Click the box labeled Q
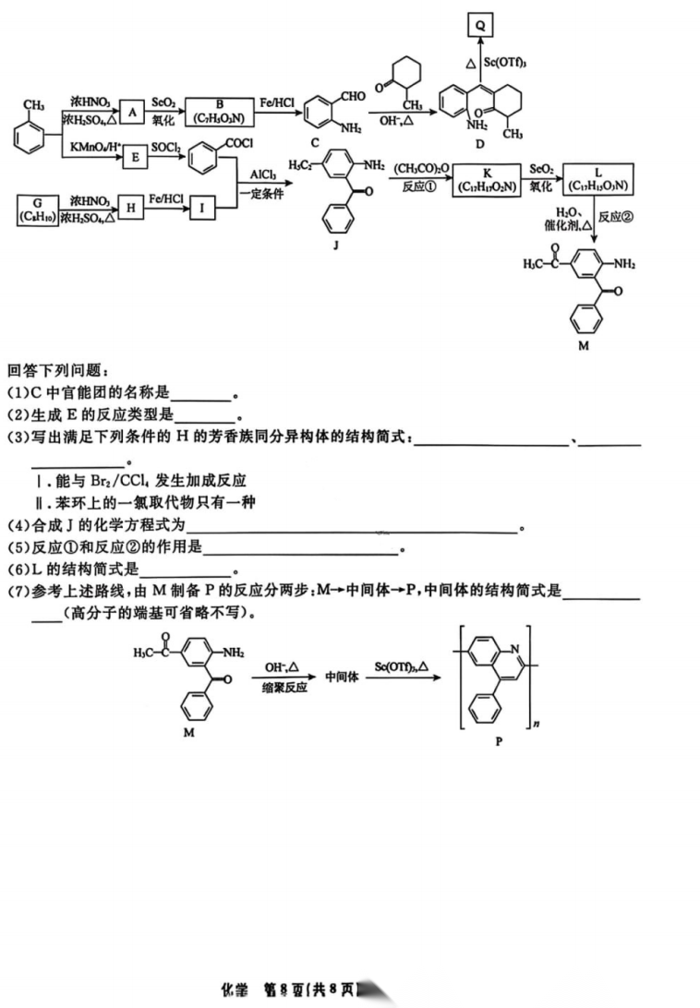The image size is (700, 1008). click(x=480, y=27)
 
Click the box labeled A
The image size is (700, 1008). click(x=133, y=112)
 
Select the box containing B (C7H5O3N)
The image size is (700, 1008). click(x=218, y=111)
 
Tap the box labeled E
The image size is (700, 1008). click(x=135, y=157)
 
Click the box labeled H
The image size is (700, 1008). click(x=132, y=209)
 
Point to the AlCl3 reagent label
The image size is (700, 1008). click(x=264, y=174)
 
